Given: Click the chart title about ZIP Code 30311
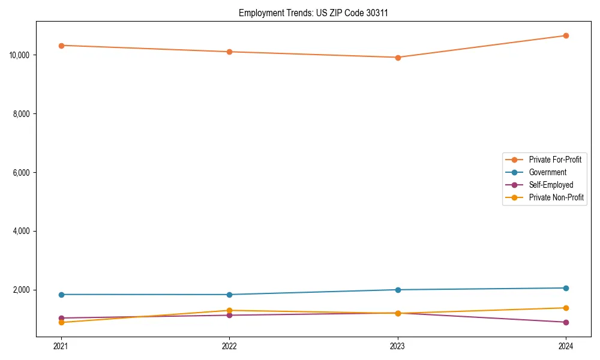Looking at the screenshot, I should coord(313,13).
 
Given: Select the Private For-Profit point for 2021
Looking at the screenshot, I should coord(61,46).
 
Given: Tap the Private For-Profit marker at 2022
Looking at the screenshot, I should coord(229,52).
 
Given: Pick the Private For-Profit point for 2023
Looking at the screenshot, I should coord(398,58).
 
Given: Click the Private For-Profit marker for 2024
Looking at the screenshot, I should coord(566,35).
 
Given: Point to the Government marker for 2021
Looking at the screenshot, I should coord(61,295).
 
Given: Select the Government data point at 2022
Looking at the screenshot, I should coord(229,295).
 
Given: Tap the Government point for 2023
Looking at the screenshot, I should coord(398,290).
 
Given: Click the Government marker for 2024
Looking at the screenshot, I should coord(566,288).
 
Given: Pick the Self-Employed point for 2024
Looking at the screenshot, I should coord(566,322).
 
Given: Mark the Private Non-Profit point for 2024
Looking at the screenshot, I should coord(566,308).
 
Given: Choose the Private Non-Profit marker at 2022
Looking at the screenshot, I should coord(229,310).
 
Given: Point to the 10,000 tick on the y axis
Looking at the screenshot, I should coord(19,55).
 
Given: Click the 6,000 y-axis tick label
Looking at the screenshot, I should coord(21,173).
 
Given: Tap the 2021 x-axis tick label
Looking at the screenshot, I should coord(61,346).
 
